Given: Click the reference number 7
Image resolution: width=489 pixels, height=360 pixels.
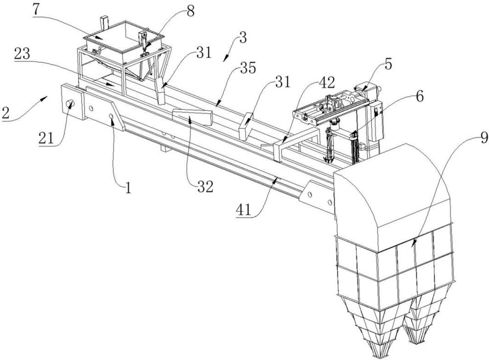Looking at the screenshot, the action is (x=36, y=9).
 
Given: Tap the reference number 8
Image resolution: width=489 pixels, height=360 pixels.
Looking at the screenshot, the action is (x=190, y=11).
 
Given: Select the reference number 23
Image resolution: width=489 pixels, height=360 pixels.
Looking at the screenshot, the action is (x=22, y=54).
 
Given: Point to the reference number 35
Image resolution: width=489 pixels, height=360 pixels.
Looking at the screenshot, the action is (x=248, y=67).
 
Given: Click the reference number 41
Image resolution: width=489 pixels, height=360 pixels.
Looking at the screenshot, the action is (x=244, y=210).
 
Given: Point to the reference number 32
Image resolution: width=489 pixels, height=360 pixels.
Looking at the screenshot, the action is (x=205, y=186).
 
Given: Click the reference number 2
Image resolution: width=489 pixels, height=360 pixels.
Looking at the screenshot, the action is (x=5, y=112).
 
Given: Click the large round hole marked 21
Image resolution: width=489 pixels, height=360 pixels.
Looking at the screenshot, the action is (x=70, y=104).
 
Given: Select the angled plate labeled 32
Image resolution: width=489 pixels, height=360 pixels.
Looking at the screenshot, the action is (x=192, y=117).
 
